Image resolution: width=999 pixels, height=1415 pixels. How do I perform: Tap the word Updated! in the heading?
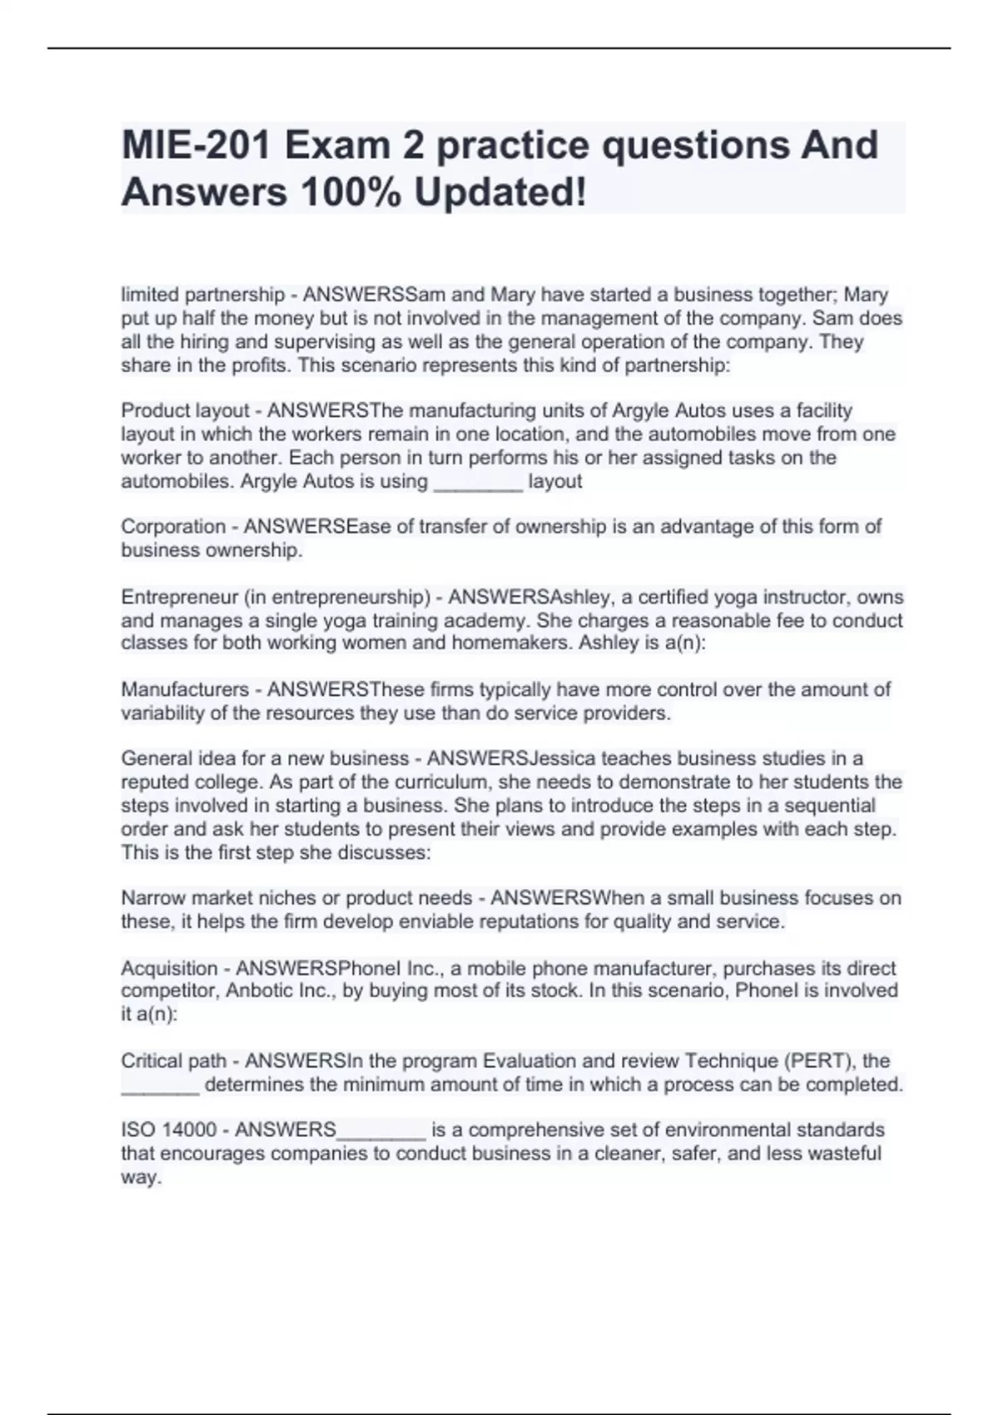click(499, 192)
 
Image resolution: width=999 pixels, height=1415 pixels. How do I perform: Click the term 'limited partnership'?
click(203, 295)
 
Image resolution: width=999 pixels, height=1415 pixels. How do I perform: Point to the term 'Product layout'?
click(185, 410)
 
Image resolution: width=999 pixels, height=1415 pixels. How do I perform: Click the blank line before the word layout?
click(478, 482)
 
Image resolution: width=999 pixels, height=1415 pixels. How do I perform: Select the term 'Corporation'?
click(172, 527)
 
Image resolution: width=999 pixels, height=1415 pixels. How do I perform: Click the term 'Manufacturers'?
click(185, 689)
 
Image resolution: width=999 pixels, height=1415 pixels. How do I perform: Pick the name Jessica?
click(563, 758)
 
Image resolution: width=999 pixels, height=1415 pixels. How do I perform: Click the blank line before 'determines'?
click(160, 1085)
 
